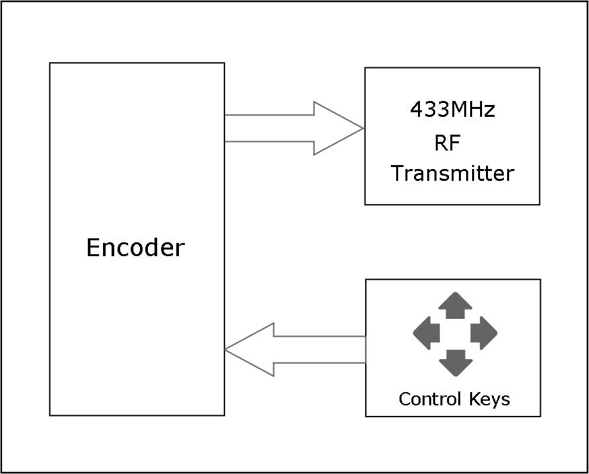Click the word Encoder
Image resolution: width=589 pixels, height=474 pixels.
pos(135,248)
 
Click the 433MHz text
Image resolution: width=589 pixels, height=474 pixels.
pos(452,110)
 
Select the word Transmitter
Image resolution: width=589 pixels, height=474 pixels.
pos(452,174)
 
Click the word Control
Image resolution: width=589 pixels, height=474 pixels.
pos(431,399)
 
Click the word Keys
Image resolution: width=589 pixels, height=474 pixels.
pos(489,399)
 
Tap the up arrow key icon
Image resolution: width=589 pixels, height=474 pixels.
pos(455,306)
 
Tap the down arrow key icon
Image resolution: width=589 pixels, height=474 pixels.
pos(455,362)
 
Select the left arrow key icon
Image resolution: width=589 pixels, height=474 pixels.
pos(427,333)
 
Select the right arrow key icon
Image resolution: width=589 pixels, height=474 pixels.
pos(483,333)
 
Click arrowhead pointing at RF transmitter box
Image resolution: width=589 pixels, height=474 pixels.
pos(337,128)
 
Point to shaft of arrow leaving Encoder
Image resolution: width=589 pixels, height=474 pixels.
pos(268,128)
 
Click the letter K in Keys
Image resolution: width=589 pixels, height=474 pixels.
pos(474,399)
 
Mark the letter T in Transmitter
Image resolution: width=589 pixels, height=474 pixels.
pos(398,174)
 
